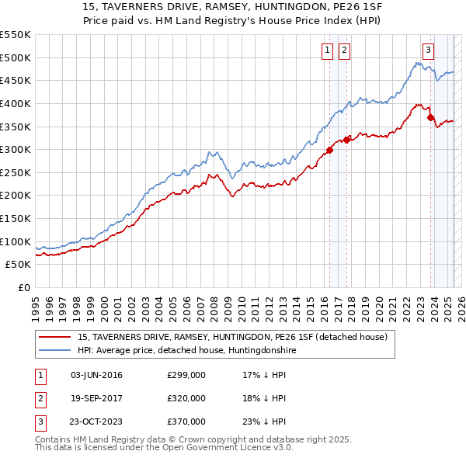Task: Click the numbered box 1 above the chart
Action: tap(327, 50)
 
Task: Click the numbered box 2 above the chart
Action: tap(343, 50)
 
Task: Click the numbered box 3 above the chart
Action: tap(428, 50)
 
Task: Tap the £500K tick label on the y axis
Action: tap(16, 57)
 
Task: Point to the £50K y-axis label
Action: tap(19, 265)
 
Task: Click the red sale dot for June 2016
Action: tap(329, 150)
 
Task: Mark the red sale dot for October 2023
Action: tap(430, 118)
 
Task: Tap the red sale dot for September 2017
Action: tap(347, 141)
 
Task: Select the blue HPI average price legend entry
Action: tap(186, 350)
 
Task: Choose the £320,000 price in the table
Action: tap(186, 398)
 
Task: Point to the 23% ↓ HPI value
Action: tap(264, 422)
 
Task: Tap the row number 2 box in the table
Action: tap(40, 398)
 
